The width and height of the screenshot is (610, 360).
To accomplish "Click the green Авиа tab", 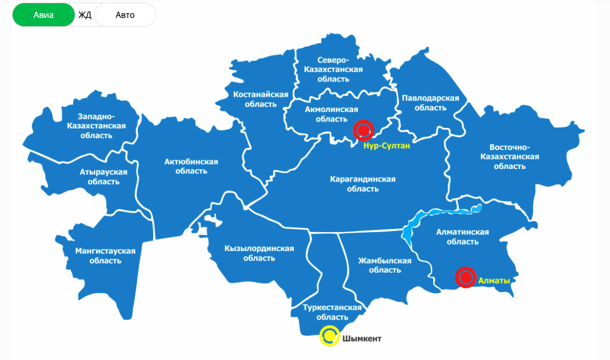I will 44,15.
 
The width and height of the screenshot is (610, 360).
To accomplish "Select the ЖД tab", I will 85,15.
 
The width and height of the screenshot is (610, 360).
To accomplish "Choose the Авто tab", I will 125,15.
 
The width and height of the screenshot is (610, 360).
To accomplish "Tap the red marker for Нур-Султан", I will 364,130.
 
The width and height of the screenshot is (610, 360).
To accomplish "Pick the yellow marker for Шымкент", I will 330,336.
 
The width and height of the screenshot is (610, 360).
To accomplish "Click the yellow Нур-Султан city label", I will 386,145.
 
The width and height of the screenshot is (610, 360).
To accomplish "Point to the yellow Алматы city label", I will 494,281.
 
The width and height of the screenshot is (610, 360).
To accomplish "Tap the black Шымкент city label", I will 362,338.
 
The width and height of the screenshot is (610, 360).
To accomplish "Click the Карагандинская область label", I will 363,184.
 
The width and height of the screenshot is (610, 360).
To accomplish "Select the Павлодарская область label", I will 430,103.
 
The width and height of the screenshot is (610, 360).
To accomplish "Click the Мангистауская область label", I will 105,255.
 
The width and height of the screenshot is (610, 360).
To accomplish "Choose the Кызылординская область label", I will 259,253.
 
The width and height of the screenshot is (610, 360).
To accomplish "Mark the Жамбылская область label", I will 384,265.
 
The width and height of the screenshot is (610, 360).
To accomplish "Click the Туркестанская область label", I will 333,312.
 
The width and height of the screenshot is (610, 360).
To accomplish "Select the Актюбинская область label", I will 191,166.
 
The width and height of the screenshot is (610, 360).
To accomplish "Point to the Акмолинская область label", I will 331,114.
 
